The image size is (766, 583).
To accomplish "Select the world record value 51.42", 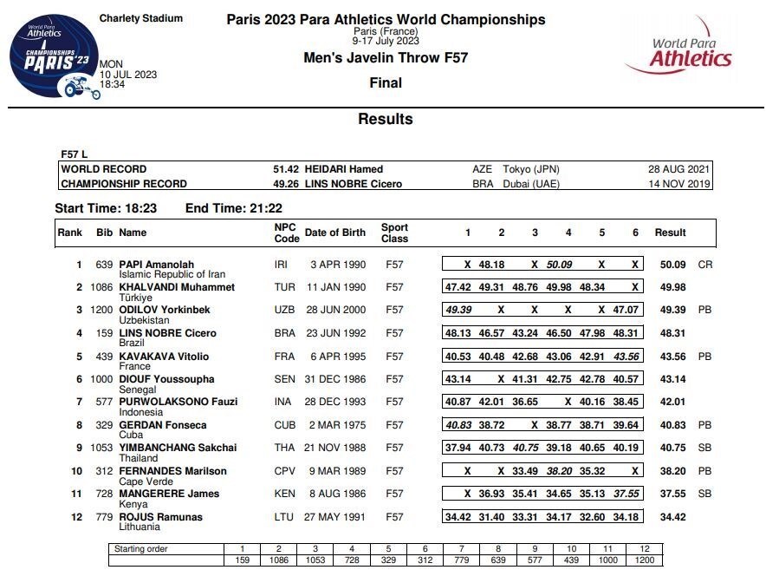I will coord(286,169).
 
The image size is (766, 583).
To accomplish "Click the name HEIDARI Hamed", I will coord(345,169).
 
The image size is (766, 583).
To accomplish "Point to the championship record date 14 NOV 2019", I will coord(680,184).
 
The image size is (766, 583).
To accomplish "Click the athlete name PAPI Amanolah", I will coord(156,265).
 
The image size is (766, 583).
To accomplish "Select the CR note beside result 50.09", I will coord(704,265).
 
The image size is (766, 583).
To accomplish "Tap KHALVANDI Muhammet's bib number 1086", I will coord(101,287).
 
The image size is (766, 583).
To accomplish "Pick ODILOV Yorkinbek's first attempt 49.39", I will coord(458,310).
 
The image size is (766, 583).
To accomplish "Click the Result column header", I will coord(670,233).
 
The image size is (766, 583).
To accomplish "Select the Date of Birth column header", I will coord(335,233).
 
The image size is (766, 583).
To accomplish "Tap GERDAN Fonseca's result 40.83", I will coord(672,425).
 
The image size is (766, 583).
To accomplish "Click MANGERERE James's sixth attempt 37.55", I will coord(626,494).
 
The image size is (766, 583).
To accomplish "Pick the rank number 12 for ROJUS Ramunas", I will coord(76,517).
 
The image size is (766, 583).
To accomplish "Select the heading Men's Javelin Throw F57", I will coord(386,58).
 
